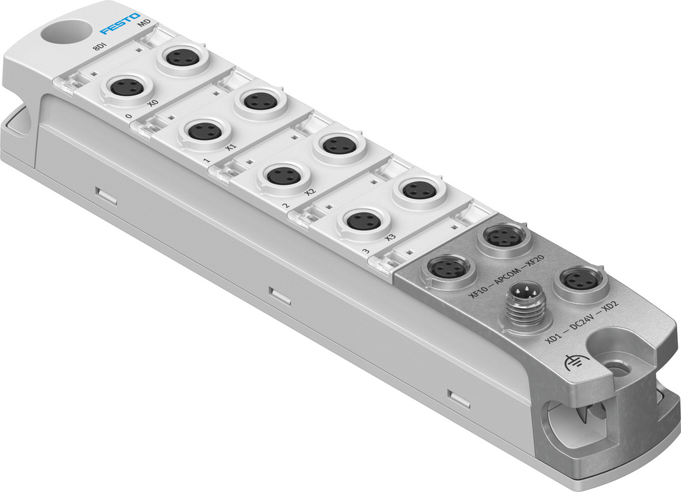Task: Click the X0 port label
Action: (x=152, y=103)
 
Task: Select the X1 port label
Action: (x=231, y=148)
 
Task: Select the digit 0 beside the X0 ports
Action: (x=129, y=117)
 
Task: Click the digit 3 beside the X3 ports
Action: (x=366, y=251)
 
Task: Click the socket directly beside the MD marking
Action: (x=181, y=57)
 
